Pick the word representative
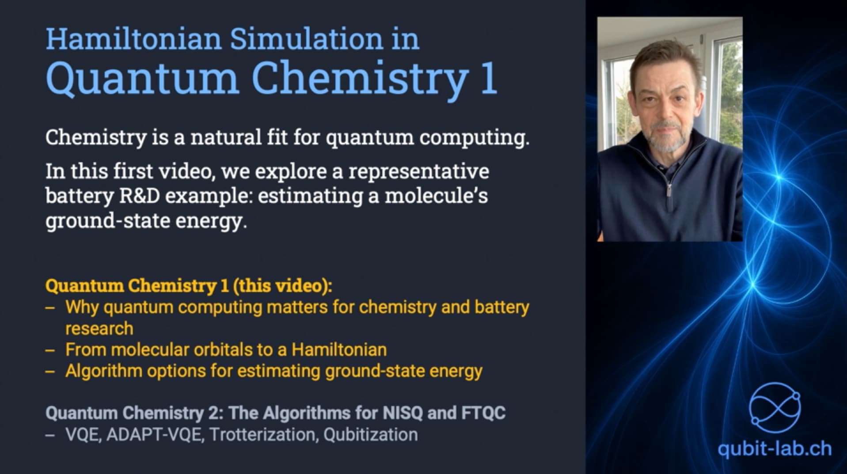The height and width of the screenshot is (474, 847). pos(418,171)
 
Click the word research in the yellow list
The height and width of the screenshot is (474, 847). pos(99,329)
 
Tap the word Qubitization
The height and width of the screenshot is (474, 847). pos(370,435)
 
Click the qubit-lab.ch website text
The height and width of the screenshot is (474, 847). pos(774,449)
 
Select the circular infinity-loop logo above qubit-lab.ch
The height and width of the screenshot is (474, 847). pos(775,407)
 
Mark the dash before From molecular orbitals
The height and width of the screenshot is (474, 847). pos(50,350)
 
